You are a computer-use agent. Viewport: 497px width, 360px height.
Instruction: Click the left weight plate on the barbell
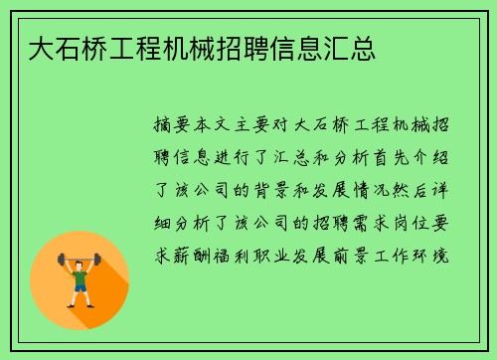pyautogui.click(x=61, y=261)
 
